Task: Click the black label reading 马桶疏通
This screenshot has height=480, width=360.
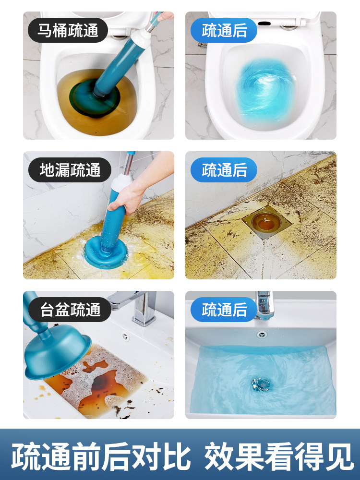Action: coord(68,30)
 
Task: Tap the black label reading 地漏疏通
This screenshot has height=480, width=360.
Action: coord(70,170)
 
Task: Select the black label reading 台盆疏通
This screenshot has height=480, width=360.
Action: coord(70,310)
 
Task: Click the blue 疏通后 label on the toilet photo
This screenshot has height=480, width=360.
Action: coord(224,30)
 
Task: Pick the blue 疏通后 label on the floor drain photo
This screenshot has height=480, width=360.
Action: coord(224,170)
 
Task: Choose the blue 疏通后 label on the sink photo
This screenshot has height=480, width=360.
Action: coord(224,310)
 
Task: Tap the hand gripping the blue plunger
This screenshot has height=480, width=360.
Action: coord(127,199)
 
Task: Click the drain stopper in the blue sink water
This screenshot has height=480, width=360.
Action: coord(261,384)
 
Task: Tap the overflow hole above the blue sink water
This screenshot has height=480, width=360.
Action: coord(262,334)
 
